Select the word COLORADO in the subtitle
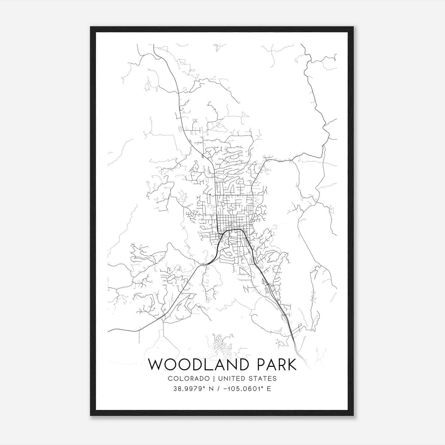(x=189, y=379)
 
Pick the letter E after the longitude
(x=269, y=389)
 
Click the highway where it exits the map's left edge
(x=109, y=331)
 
